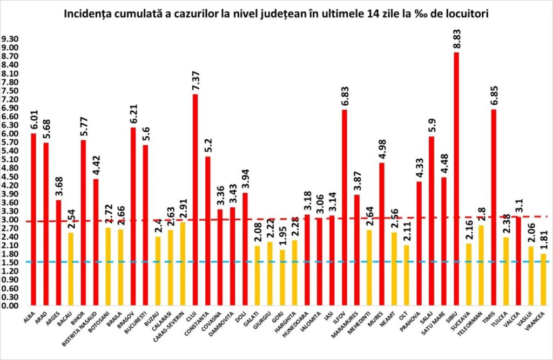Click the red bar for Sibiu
pyautogui.click(x=456, y=178)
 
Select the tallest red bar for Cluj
pyautogui.click(x=195, y=200)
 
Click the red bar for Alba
pyautogui.click(x=33, y=219)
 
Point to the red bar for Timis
pyautogui.click(x=493, y=207)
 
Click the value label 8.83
pyautogui.click(x=457, y=38)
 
